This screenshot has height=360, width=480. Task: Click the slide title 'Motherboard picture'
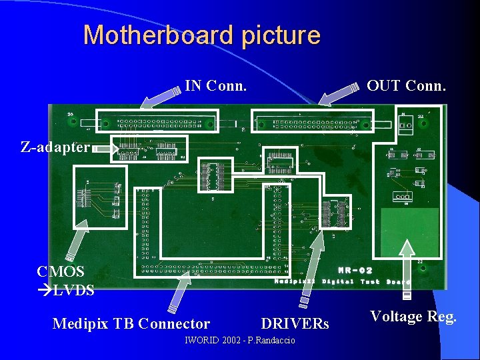(201, 35)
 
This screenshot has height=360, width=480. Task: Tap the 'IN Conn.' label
(216, 85)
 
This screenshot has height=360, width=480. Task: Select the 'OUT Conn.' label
(407, 85)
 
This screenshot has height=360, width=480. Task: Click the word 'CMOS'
(61, 271)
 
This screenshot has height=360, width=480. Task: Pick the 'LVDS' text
(73, 290)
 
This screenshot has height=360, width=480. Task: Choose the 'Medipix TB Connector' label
(131, 324)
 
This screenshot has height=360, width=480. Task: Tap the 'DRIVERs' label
(295, 324)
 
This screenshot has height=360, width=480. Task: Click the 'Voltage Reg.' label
(413, 317)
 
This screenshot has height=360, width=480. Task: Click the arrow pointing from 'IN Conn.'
(160, 96)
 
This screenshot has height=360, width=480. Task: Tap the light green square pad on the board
(409, 229)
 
